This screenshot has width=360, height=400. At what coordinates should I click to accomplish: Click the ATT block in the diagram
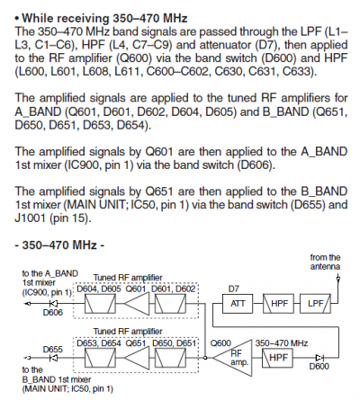[x=238, y=304]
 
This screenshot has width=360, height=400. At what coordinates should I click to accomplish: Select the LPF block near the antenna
[x=316, y=304]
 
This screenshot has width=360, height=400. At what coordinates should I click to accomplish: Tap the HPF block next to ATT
[x=278, y=304]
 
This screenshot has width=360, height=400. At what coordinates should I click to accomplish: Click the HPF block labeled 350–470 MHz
[x=277, y=358]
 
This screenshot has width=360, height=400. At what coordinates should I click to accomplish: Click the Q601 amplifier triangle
[x=137, y=304]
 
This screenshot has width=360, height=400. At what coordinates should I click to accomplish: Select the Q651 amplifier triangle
[x=137, y=358]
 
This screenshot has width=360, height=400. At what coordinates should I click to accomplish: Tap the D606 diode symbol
[x=56, y=304]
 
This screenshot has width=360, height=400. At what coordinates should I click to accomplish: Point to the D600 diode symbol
[x=319, y=358]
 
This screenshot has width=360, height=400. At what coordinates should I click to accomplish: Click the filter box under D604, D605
[x=100, y=304]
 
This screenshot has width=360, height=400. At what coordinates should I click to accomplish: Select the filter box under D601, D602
[x=170, y=304]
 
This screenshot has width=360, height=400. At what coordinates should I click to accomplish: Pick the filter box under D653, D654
[x=100, y=358]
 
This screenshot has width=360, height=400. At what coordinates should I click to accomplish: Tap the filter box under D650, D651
[x=170, y=358]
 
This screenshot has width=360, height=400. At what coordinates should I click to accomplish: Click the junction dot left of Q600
[x=205, y=358]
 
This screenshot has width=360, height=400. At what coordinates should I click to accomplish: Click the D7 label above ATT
[x=234, y=289]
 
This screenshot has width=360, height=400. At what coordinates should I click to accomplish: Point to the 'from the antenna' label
[x=325, y=262]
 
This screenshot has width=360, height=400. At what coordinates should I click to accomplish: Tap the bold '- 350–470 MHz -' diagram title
[x=59, y=244]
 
